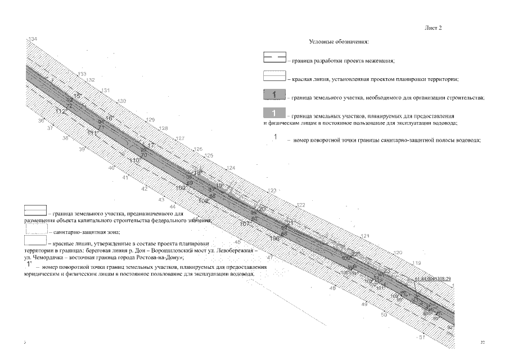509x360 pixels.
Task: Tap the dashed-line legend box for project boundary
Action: click(x=274, y=58)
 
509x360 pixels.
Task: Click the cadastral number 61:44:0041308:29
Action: click(x=433, y=278)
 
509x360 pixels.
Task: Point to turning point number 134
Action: click(x=33, y=39)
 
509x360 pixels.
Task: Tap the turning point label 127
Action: click(x=180, y=138)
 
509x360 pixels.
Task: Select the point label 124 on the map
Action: click(x=231, y=168)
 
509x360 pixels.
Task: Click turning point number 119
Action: click(x=417, y=263)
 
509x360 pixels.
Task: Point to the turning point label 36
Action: click(x=40, y=121)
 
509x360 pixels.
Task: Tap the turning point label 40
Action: click(x=111, y=168)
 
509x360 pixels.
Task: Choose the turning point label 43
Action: click(x=161, y=200)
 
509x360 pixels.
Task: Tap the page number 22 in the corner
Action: click(x=483, y=341)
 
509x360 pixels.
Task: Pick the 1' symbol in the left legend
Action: click(x=28, y=263)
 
